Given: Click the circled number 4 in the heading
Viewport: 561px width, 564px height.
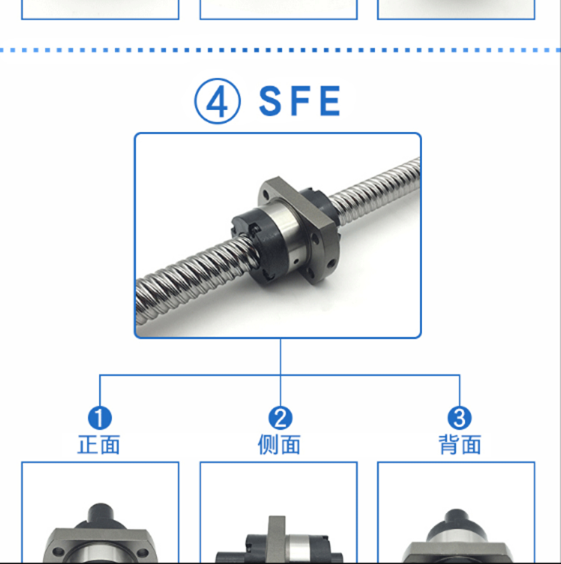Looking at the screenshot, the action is pos(217,101).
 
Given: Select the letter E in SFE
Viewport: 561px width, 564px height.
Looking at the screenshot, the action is pos(330,101).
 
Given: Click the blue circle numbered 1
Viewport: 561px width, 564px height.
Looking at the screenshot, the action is pos(100,418).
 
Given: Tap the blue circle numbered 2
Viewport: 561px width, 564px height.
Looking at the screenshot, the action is pos(280,418).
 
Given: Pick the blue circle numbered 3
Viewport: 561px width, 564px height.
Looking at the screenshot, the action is pos(459,418).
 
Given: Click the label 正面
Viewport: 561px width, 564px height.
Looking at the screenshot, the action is pos(99,445).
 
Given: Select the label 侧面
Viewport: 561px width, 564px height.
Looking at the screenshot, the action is pos(279,445).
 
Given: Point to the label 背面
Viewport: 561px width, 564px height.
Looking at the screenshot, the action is pos(460,445).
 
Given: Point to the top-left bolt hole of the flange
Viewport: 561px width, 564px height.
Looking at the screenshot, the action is pos(266,195).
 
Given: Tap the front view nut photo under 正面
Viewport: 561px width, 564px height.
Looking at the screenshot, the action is pos(100,532).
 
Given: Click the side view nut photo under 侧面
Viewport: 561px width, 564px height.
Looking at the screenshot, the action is pos(278,539).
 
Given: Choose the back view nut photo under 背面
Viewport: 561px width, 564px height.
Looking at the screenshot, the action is pos(456,536).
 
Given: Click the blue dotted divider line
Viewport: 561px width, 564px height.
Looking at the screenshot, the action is pos(280,50).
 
